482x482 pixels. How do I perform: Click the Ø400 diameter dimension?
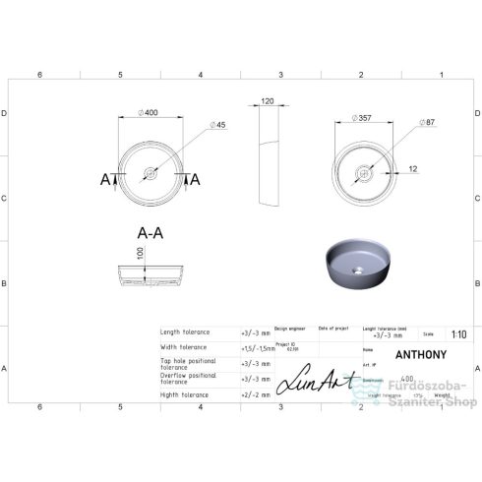[x=150, y=113]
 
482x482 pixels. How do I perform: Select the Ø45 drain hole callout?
[x=219, y=125]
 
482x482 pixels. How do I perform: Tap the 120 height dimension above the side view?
[x=267, y=101]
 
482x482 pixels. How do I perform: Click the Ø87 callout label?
[x=427, y=123]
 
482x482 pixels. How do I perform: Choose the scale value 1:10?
[x=457, y=332]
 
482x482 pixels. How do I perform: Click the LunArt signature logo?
[x=311, y=380]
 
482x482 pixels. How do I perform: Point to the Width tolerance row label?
[x=185, y=347]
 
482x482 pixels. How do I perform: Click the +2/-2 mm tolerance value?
[x=256, y=392]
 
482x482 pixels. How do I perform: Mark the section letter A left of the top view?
[x=107, y=178]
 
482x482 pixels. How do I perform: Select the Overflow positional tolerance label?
[x=189, y=379]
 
